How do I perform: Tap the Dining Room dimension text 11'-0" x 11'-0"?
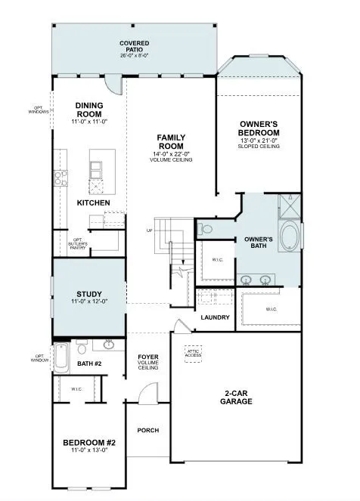point(95,121)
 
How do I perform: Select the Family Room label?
point(171,142)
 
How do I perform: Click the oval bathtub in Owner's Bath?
point(290,237)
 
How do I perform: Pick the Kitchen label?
point(94,203)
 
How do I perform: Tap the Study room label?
point(89,294)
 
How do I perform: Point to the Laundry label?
point(215,317)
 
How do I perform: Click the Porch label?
point(147,430)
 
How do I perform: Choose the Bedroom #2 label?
point(89,443)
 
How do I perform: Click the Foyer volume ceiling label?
point(147,362)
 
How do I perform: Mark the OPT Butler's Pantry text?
point(79,244)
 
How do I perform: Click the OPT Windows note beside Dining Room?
point(40,111)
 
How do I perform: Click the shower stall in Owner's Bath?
point(289,205)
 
